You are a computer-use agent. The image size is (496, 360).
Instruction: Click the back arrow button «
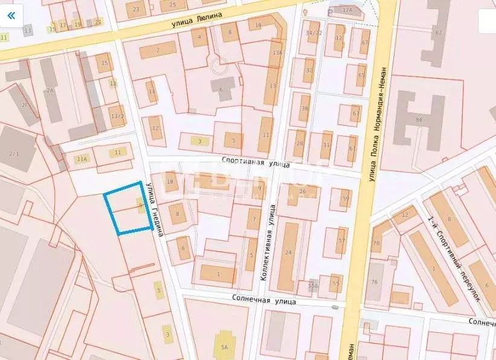click(x=11, y=16)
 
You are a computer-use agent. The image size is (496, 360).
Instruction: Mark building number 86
click(x=418, y=120)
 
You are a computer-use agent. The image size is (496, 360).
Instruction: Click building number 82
click(x=439, y=31)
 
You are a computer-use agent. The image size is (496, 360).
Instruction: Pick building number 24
click(x=288, y=253)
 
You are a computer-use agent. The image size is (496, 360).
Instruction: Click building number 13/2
click(x=117, y=117)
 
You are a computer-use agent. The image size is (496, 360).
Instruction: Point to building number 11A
click(x=82, y=159)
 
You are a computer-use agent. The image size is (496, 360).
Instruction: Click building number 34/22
click(x=314, y=33)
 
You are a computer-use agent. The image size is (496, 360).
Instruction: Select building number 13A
click(x=277, y=53)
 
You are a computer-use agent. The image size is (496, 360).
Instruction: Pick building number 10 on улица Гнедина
click(x=170, y=181)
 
